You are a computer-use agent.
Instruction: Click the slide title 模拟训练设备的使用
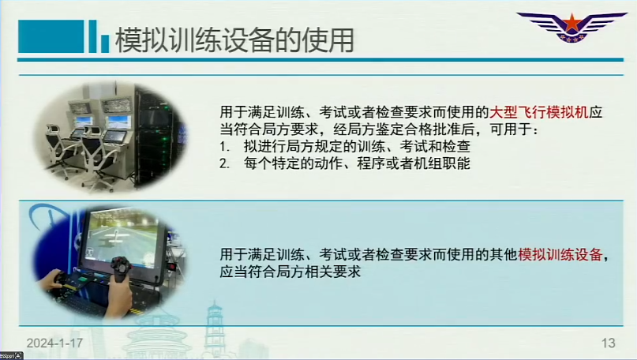pos(234,40)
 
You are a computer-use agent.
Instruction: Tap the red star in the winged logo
pos(571,23)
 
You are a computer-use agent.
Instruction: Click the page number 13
pos(608,343)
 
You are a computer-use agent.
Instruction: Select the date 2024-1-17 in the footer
pos(54,343)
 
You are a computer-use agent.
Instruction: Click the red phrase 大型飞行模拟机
pos(539,112)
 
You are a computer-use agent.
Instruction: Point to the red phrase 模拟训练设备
pos(560,254)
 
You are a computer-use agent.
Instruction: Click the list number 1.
pos(223,146)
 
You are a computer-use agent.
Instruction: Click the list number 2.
pos(224,163)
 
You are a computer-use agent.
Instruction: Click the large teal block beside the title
pos(51,36)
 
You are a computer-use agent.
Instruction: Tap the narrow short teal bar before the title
pos(105,44)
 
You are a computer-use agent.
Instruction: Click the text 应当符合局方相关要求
pos(290,272)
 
